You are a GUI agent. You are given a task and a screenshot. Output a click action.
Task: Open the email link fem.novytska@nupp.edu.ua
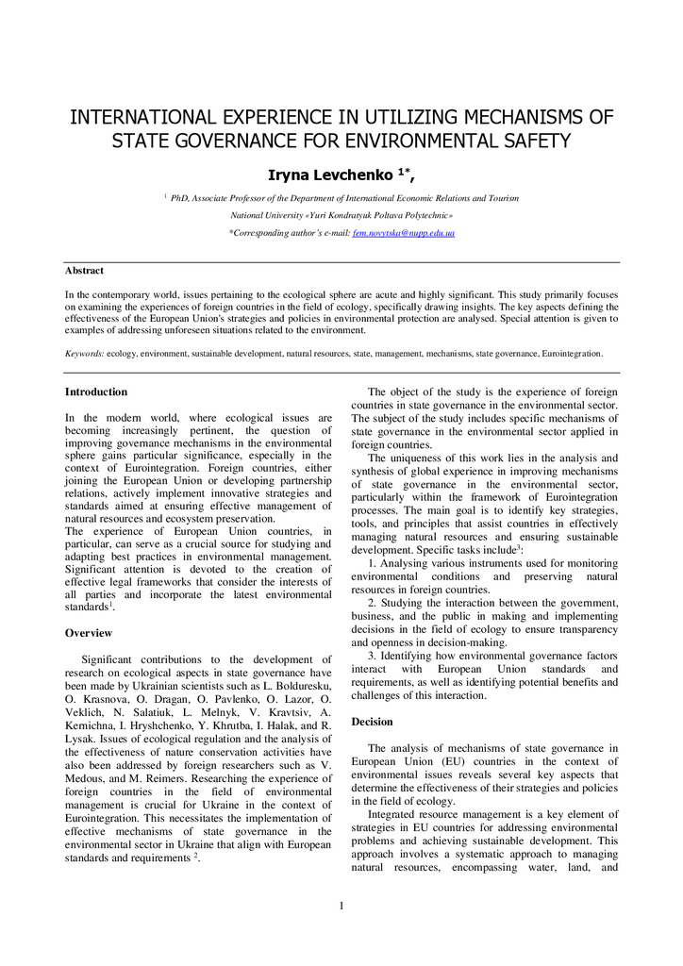click(390, 232)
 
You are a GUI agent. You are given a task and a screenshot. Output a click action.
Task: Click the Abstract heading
click(84, 271)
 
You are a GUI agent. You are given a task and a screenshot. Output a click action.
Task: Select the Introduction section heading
click(95, 391)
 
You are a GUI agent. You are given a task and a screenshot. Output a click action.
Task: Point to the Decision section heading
click(372, 721)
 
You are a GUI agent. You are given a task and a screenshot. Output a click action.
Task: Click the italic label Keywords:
click(84, 354)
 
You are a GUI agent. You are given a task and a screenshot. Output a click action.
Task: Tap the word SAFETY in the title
click(536, 142)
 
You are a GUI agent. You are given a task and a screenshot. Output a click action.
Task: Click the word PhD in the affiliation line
click(180, 198)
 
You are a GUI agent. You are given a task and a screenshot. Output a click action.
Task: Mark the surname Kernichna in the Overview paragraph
click(93, 712)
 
